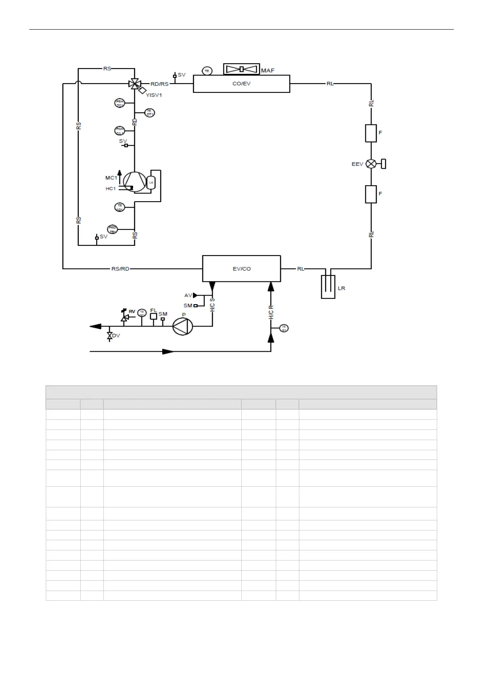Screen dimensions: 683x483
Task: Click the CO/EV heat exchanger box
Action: point(241,84)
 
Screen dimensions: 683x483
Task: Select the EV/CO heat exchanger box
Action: point(241,268)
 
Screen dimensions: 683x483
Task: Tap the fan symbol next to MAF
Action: point(241,69)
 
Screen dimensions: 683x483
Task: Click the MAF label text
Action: point(268,71)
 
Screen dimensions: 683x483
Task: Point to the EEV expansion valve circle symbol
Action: point(371,164)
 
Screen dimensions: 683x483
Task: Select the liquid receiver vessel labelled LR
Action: point(328,287)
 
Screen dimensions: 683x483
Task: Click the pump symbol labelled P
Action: point(183,326)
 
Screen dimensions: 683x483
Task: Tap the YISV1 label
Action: point(154,95)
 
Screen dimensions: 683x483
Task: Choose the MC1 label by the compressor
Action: point(111,178)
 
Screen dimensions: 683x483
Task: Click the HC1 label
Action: point(111,189)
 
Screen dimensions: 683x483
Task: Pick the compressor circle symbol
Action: point(135,182)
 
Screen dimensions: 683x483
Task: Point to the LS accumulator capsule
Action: point(151,183)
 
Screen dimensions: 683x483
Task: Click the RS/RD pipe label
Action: point(120,268)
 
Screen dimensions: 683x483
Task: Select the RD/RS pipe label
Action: point(159,84)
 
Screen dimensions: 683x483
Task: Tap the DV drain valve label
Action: point(116,336)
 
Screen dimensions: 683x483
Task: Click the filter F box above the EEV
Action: point(371,133)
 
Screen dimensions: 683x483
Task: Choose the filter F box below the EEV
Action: point(371,194)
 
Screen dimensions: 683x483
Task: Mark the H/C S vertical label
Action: point(213,305)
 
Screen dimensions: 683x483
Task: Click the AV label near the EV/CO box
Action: point(188,295)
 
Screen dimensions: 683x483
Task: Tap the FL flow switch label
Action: point(153,310)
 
